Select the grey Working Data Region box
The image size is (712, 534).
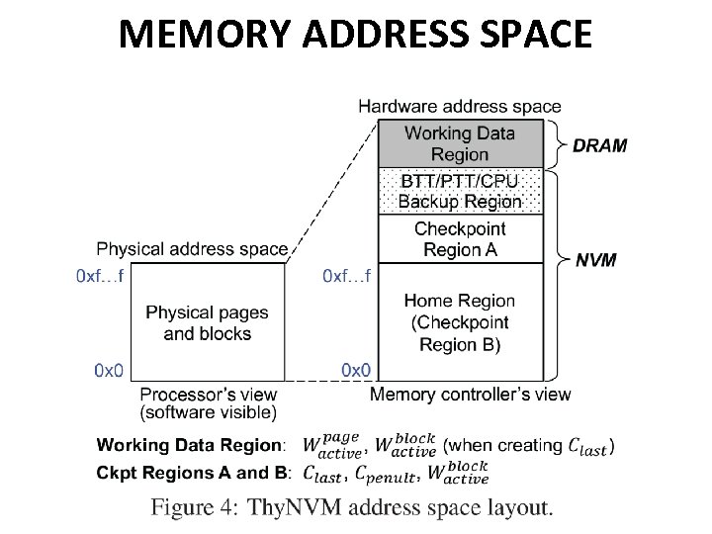[x=460, y=143]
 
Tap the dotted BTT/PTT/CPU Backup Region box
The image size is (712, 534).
[x=460, y=191]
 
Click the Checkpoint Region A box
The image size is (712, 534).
[x=460, y=238]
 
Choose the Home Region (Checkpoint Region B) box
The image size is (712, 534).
[x=460, y=321]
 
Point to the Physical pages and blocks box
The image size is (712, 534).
[x=208, y=322]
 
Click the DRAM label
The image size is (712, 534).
[x=599, y=145]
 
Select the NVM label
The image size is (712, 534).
[x=596, y=261]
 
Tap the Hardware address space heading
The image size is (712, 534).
[x=459, y=106]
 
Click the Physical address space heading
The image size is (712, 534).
[x=192, y=248]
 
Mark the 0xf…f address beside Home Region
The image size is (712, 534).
[x=347, y=276]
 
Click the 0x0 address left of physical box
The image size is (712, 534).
[x=109, y=371]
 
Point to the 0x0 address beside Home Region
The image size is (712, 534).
[x=356, y=371]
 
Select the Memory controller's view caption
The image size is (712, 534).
[x=470, y=395]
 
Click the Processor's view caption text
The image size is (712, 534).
[x=209, y=402]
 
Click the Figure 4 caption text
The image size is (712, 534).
[x=351, y=508]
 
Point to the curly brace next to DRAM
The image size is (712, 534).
[x=556, y=144]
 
